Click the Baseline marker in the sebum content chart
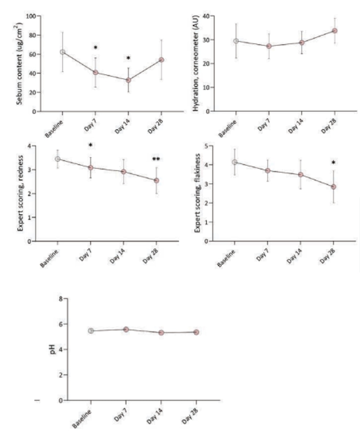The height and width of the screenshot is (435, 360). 63,52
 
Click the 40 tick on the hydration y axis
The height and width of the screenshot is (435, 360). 206,16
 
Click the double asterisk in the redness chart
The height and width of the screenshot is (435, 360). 156,159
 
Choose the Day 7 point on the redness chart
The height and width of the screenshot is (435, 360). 90,168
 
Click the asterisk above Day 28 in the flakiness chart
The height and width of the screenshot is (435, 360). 333,163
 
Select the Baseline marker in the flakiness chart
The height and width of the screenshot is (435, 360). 235,162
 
